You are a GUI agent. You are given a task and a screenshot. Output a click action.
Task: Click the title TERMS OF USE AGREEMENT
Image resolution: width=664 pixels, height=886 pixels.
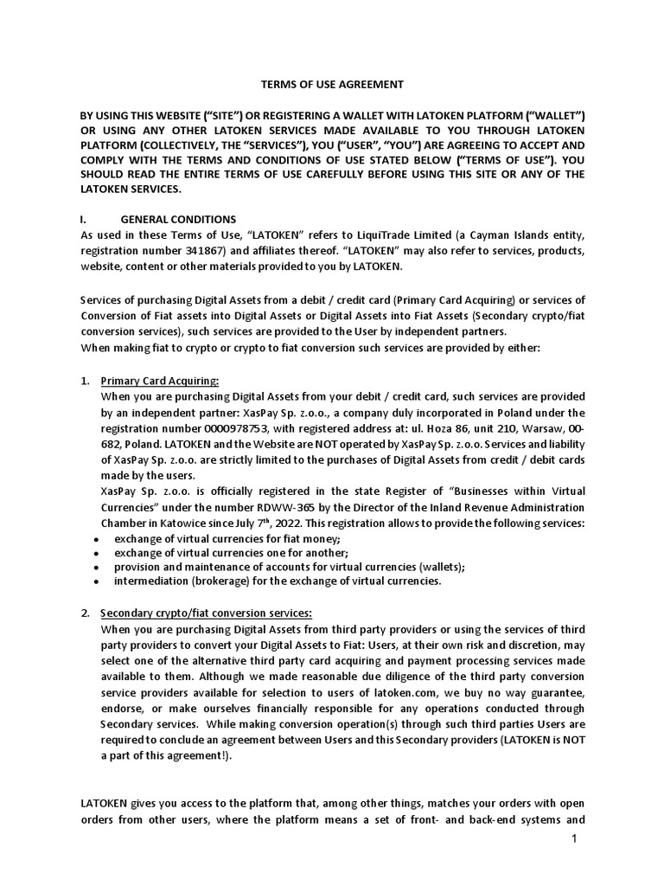331,85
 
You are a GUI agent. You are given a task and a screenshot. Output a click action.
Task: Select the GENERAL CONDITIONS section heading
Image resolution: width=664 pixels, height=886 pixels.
177,219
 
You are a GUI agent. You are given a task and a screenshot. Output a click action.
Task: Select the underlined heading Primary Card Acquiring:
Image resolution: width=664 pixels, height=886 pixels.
160,381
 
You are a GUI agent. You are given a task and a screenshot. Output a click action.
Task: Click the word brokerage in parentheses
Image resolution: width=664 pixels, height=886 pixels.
217,581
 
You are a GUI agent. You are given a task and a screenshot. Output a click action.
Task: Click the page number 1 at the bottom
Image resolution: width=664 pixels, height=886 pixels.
573,840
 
